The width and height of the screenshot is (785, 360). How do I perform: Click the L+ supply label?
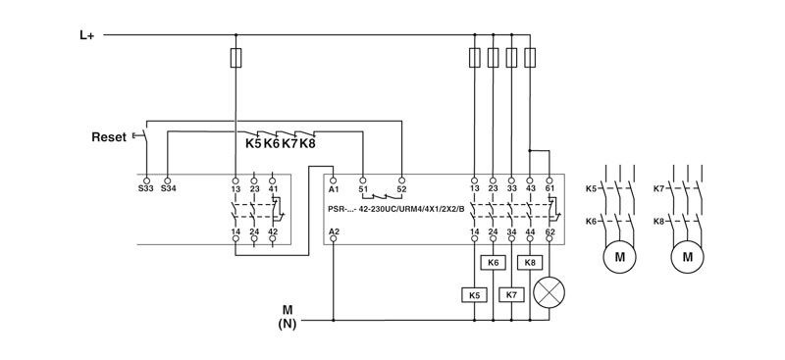[87, 34]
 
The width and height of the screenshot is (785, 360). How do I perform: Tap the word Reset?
[108, 137]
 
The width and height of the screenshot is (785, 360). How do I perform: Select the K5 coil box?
[474, 294]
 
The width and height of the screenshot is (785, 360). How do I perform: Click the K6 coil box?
[494, 263]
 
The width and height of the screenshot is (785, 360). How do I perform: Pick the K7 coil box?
[511, 294]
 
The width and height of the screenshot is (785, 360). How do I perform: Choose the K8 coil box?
[531, 263]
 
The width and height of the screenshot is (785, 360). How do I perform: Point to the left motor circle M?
[619, 257]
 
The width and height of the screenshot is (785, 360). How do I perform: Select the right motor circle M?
[688, 257]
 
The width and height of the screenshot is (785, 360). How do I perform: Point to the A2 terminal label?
[334, 231]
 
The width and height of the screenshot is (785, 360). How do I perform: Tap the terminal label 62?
[549, 231]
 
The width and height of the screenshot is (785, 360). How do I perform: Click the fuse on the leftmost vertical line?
[235, 58]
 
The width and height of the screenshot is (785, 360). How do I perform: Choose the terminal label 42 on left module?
[273, 231]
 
